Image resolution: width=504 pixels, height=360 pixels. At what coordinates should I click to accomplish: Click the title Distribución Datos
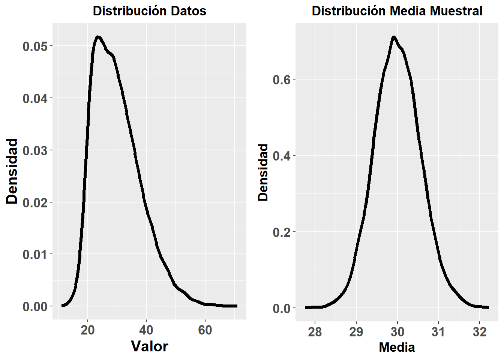click(149, 11)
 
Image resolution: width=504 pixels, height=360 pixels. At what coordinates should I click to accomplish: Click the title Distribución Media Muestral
click(397, 11)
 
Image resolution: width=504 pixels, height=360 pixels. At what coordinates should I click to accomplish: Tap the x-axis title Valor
click(149, 346)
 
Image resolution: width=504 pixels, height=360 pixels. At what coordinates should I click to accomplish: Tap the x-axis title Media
click(397, 347)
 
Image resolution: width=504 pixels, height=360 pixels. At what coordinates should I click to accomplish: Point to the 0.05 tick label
click(35, 46)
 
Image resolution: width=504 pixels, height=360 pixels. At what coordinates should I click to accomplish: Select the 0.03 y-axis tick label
click(35, 151)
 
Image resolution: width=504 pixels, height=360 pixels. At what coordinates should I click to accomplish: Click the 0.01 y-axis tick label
click(35, 255)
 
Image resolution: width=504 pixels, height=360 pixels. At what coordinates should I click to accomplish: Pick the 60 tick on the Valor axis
click(205, 330)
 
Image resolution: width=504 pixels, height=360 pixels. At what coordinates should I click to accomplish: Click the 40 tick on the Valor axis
click(146, 330)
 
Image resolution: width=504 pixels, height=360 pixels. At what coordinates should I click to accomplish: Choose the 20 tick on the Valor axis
click(88, 330)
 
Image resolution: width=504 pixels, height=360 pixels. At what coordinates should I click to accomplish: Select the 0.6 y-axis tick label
click(282, 79)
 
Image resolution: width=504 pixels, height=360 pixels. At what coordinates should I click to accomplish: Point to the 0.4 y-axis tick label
click(282, 156)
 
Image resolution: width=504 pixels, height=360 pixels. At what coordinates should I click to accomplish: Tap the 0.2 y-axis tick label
click(282, 232)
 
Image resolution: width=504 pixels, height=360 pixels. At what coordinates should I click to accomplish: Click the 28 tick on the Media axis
click(315, 332)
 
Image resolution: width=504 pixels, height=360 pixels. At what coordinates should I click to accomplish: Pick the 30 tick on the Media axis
click(397, 332)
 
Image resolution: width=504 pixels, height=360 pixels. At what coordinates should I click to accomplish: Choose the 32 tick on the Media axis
click(480, 332)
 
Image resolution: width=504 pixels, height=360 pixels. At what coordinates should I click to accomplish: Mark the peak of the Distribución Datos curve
click(98, 37)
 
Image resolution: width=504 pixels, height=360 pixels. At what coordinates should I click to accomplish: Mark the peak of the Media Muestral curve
click(393, 37)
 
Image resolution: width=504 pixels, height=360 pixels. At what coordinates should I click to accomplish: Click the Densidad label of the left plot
click(12, 171)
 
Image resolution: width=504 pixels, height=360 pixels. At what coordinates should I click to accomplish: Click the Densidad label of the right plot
click(263, 172)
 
